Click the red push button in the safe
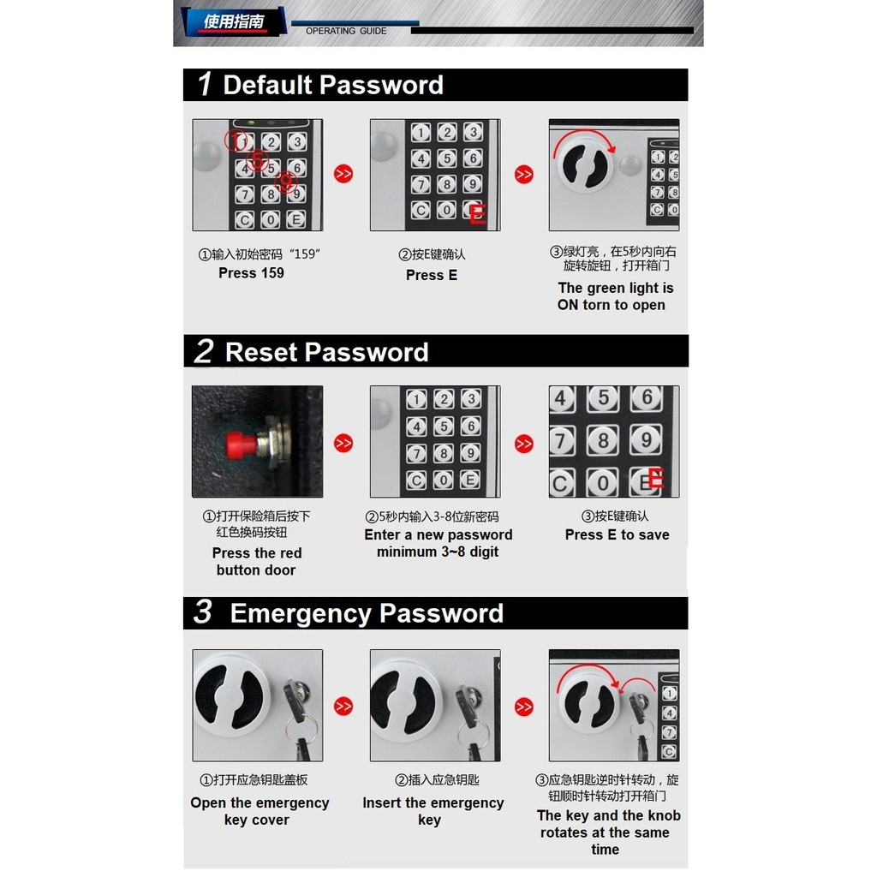pyautogui.click(x=242, y=444)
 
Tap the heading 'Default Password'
pyautogui.click(x=333, y=85)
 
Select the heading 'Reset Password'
pyautogui.click(x=326, y=352)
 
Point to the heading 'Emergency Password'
pyautogui.click(x=367, y=613)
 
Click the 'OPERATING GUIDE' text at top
pyautogui.click(x=346, y=32)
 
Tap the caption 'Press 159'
pyautogui.click(x=251, y=273)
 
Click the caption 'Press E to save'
pyautogui.click(x=617, y=534)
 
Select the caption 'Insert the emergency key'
pyautogui.click(x=433, y=811)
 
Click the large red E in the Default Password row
pyautogui.click(x=478, y=214)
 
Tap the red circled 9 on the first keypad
pyautogui.click(x=286, y=182)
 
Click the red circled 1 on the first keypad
pyautogui.click(x=236, y=140)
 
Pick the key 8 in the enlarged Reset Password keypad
pyautogui.click(x=602, y=440)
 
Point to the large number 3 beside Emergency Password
pyautogui.click(x=203, y=612)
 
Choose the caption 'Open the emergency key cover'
pyautogui.click(x=260, y=811)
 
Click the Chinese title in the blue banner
pyautogui.click(x=234, y=21)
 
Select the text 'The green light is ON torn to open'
pyautogui.click(x=615, y=296)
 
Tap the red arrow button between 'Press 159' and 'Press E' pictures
pyautogui.click(x=343, y=174)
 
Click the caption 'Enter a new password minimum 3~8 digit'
pyautogui.click(x=438, y=543)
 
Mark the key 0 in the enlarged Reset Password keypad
pyautogui.click(x=602, y=483)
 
